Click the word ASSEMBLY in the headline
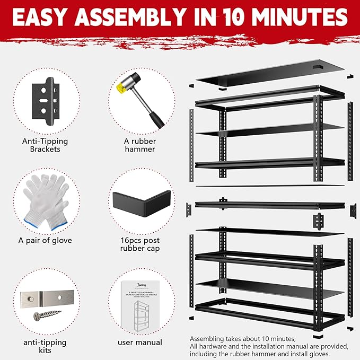[x=145, y=17]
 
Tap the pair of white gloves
[x=47, y=199]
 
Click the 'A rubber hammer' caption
[x=141, y=145]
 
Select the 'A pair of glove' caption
[x=45, y=240]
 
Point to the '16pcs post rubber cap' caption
[x=141, y=244]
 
